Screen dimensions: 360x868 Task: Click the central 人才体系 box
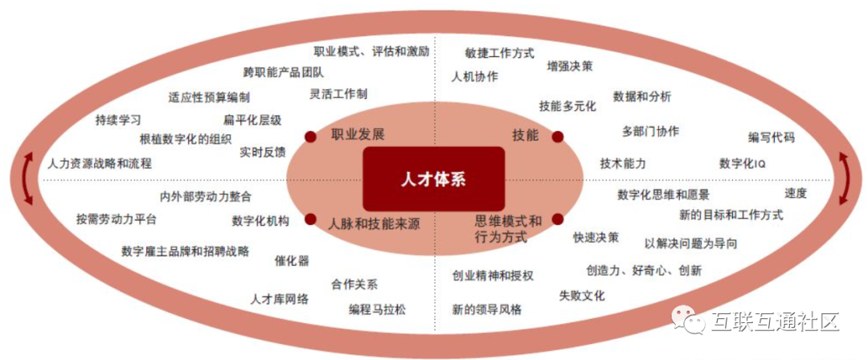[433, 179]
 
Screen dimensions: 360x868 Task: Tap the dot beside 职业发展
[310, 136]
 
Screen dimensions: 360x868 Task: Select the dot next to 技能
[558, 136]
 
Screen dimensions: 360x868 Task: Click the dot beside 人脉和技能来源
[310, 219]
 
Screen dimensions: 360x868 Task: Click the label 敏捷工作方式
[499, 53]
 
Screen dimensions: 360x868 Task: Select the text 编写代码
[772, 137]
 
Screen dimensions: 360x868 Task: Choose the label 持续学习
[118, 121]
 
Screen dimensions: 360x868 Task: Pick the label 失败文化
[582, 296]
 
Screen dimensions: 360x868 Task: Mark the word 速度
[796, 193]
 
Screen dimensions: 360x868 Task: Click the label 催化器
[292, 260]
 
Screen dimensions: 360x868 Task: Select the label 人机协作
[474, 76]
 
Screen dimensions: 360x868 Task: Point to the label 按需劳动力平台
[117, 219]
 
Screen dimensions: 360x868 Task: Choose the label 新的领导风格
[487, 309]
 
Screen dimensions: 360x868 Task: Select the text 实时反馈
[262, 152]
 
